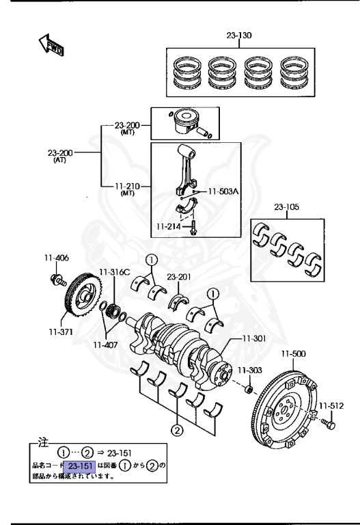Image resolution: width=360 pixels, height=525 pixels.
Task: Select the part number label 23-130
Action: pos(238,36)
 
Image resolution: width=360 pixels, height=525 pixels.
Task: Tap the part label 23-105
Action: pos(288,206)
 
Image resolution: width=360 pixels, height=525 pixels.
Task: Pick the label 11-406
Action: pos(57,258)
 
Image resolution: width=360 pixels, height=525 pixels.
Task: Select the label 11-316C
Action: pos(114,272)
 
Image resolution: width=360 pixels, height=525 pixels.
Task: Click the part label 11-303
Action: pos(249,369)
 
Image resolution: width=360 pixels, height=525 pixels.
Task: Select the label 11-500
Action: pos(294,353)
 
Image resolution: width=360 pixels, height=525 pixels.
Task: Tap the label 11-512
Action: pos(333,404)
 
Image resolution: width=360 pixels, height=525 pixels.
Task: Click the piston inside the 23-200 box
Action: pos(189,123)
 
